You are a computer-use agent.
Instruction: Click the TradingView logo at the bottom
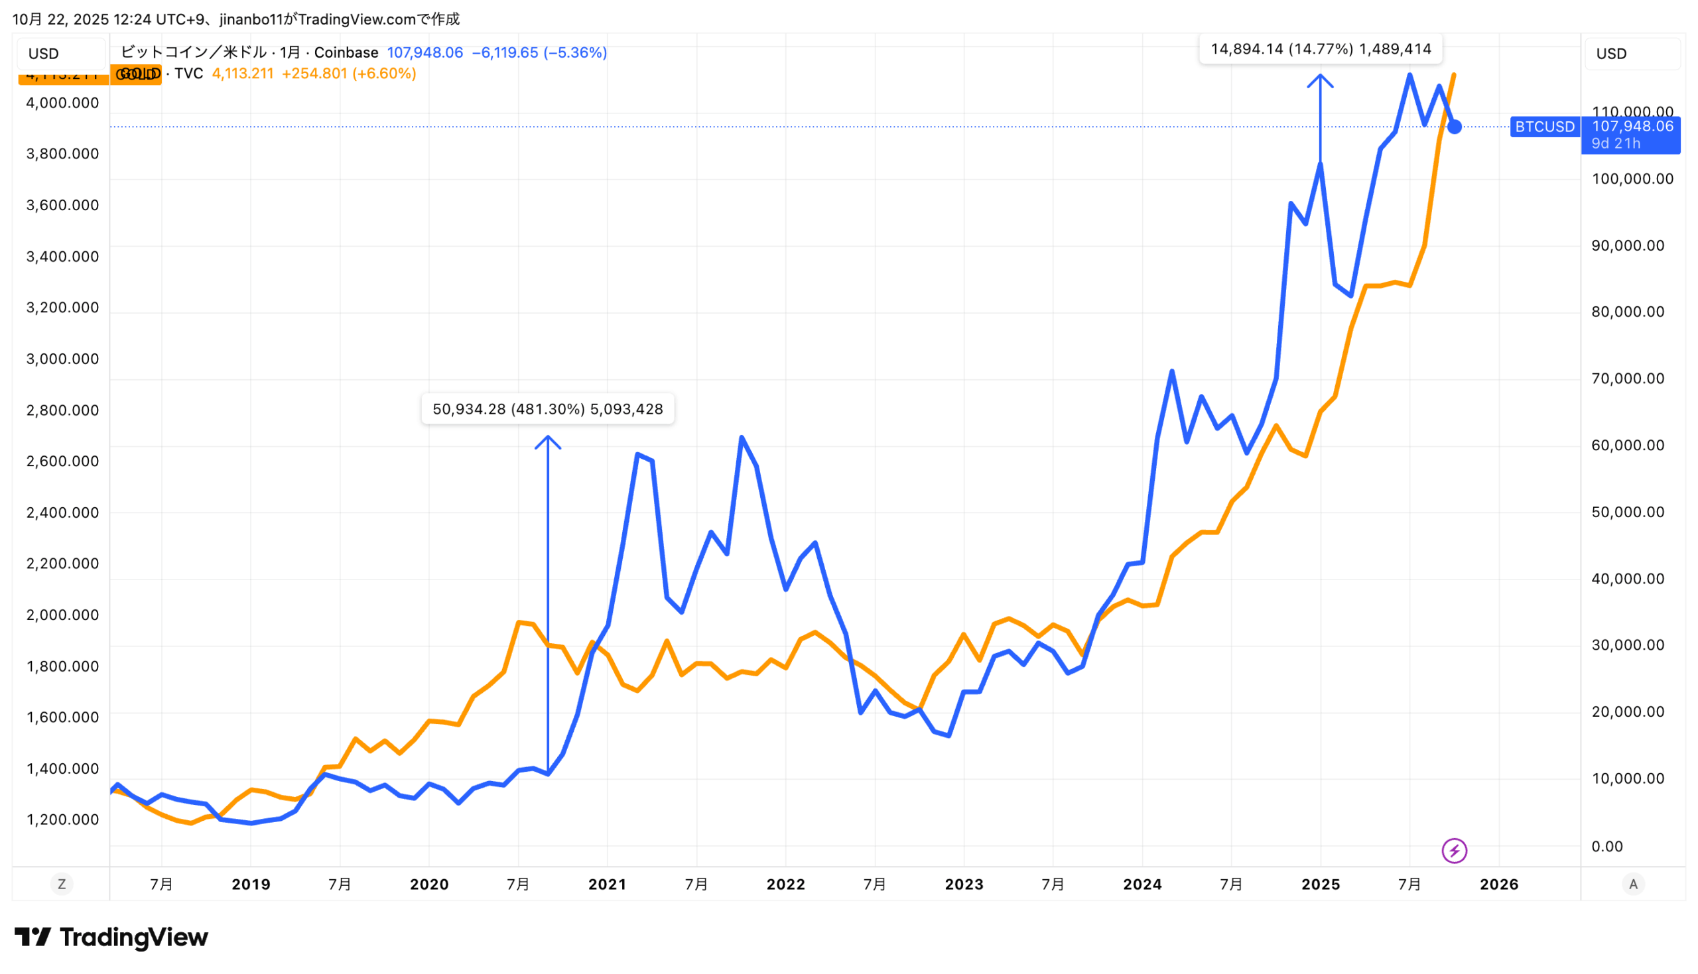(x=111, y=938)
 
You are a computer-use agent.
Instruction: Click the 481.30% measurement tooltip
(x=547, y=409)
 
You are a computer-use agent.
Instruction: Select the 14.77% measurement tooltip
(x=1320, y=50)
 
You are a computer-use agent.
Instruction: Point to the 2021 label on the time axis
(x=607, y=884)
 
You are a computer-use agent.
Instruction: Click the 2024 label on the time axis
(x=1142, y=884)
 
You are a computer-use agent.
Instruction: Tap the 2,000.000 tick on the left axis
(x=62, y=615)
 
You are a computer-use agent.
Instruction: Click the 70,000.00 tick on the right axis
(x=1627, y=379)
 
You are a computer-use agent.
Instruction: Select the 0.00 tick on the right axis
(x=1607, y=846)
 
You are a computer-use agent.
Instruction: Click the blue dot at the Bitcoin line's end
(x=1454, y=127)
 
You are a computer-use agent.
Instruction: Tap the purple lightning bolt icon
(x=1454, y=851)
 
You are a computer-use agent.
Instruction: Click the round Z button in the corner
(x=62, y=884)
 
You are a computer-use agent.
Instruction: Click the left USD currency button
(x=44, y=54)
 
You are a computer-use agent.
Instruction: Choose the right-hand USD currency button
(x=1611, y=54)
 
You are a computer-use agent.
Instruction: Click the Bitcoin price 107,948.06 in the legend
(x=425, y=53)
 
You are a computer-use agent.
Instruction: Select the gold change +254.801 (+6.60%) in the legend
(x=349, y=74)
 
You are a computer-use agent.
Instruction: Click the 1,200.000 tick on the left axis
(x=62, y=820)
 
